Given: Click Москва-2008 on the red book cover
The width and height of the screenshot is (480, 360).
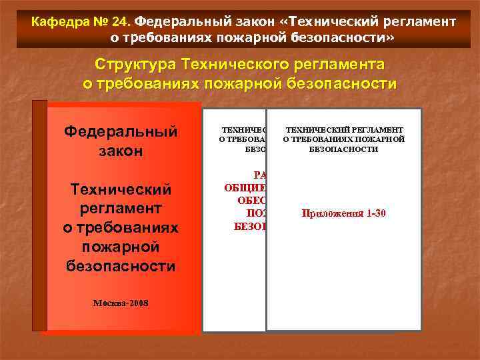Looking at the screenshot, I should pyautogui.click(x=120, y=303).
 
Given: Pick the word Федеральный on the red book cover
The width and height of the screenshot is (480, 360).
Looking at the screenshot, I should pyautogui.click(x=121, y=131).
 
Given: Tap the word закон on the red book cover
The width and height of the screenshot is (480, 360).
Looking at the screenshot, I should pyautogui.click(x=121, y=151).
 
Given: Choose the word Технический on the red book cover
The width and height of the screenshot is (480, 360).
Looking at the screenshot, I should pyautogui.click(x=121, y=190).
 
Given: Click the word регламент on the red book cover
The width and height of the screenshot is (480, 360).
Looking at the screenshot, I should pyautogui.click(x=121, y=209).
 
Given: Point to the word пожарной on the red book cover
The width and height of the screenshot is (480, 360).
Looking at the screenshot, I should pyautogui.click(x=121, y=248).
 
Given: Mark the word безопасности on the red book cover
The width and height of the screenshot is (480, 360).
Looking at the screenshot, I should pyautogui.click(x=121, y=267).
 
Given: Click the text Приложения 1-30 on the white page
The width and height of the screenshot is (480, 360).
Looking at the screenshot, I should pyautogui.click(x=344, y=214).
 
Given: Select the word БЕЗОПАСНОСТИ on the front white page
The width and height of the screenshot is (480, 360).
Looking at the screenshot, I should pyautogui.click(x=344, y=149).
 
